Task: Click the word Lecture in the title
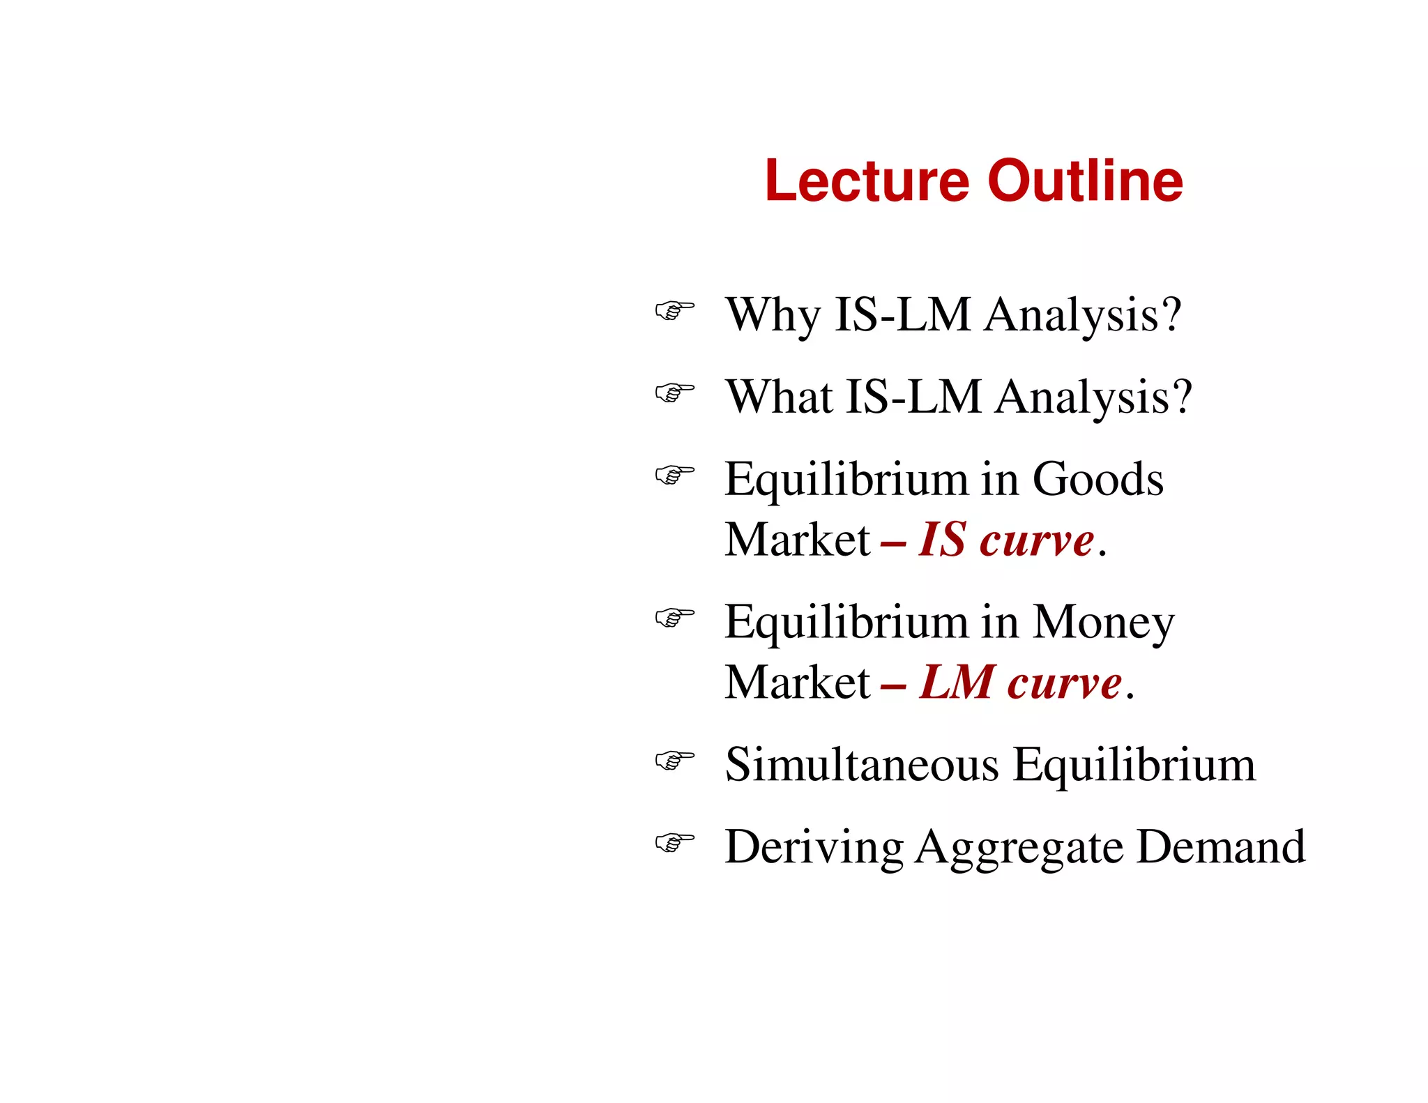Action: coord(867,181)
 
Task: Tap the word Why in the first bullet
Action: coord(773,315)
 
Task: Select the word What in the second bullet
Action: coord(778,397)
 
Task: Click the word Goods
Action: coord(1097,480)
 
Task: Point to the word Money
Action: coord(1103,622)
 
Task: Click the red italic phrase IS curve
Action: coord(1006,540)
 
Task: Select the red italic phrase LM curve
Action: coord(1020,683)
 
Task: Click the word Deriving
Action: coord(813,847)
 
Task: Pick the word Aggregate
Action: coord(1019,849)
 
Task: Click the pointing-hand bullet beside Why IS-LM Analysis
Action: coord(674,310)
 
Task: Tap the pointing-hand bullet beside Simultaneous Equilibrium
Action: coord(674,760)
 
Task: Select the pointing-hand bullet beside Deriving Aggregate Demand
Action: coord(674,842)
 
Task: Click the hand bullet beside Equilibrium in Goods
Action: coord(674,475)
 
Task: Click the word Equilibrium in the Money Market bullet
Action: coord(846,623)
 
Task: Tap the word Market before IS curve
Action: coord(797,540)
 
